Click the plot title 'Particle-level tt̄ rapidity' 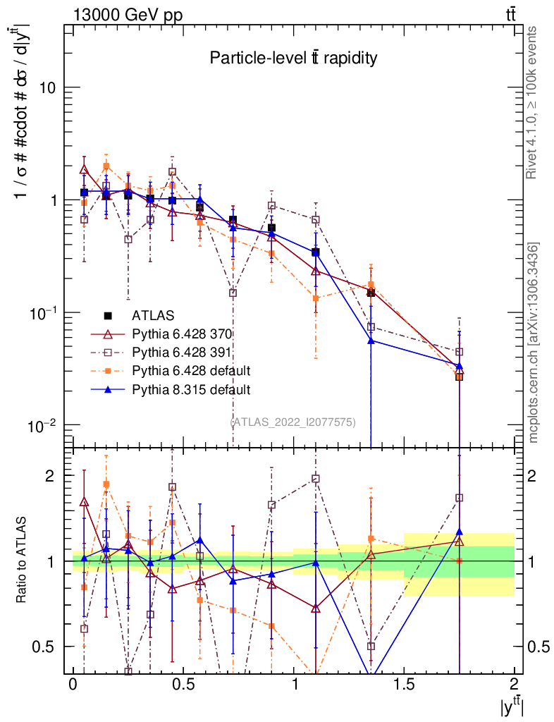293,59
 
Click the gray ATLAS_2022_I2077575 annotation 293,422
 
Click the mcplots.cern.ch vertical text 534,343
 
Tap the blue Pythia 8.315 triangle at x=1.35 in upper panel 371,341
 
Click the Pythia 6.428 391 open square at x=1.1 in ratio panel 316,479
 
